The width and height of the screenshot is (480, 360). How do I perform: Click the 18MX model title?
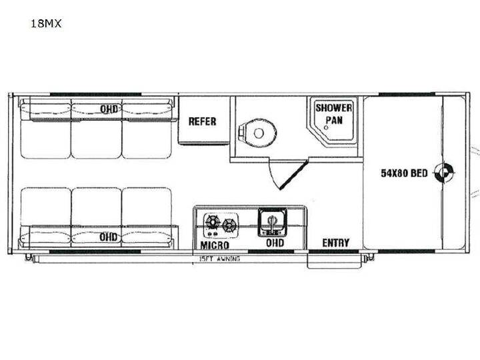46,23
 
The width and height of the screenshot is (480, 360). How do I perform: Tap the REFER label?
203,121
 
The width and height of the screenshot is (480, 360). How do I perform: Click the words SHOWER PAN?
334,114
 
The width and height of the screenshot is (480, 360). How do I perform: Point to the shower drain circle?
326,127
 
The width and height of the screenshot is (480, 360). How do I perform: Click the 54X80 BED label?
404,173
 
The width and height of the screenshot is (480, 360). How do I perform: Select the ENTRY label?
336,243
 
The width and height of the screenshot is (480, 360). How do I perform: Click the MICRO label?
215,245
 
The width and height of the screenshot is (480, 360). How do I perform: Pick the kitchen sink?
272,223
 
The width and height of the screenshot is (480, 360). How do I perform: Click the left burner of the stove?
212,221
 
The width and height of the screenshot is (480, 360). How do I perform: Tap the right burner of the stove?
229,225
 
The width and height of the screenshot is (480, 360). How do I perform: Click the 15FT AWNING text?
220,259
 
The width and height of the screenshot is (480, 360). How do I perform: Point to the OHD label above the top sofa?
109,109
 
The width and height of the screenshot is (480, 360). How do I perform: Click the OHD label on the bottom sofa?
109,237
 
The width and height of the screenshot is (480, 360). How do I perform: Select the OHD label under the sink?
275,243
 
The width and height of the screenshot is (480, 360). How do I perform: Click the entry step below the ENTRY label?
335,261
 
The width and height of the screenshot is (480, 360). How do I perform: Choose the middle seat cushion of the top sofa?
97,139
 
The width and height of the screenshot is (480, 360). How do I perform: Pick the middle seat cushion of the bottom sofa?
97,207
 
